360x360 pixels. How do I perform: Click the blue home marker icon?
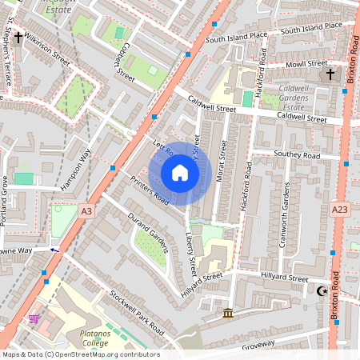pyautogui.click(x=180, y=173)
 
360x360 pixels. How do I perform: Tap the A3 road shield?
pyautogui.click(x=87, y=210)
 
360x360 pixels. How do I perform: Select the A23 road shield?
pyautogui.click(x=339, y=210)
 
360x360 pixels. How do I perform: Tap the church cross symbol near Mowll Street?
pyautogui.click(x=330, y=74)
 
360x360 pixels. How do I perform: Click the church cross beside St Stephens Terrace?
pyautogui.click(x=18, y=38)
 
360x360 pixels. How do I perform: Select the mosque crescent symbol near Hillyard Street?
pyautogui.click(x=322, y=292)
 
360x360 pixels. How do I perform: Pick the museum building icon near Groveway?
pyautogui.click(x=228, y=311)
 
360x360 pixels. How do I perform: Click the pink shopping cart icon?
pyautogui.click(x=34, y=318)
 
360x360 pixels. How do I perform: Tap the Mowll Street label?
pyautogui.click(x=306, y=63)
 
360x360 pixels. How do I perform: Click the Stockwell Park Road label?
pyautogui.click(x=137, y=313)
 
